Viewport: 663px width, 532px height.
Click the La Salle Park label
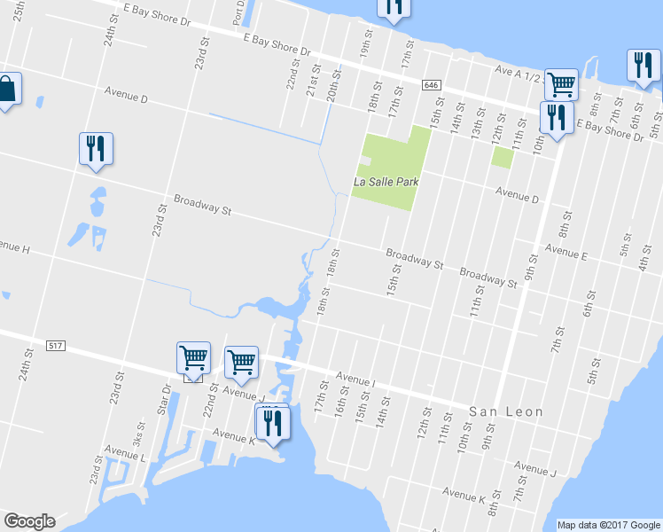[385, 183]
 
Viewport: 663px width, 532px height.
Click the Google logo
[29, 521]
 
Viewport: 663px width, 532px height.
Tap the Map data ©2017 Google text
[609, 525]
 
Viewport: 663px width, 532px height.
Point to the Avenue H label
[14, 247]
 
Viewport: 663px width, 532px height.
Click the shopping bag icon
[7, 89]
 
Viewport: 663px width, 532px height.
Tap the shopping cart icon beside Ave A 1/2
[560, 85]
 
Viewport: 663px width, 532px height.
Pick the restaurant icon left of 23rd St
[96, 148]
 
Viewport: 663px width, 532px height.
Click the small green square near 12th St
[503, 157]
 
